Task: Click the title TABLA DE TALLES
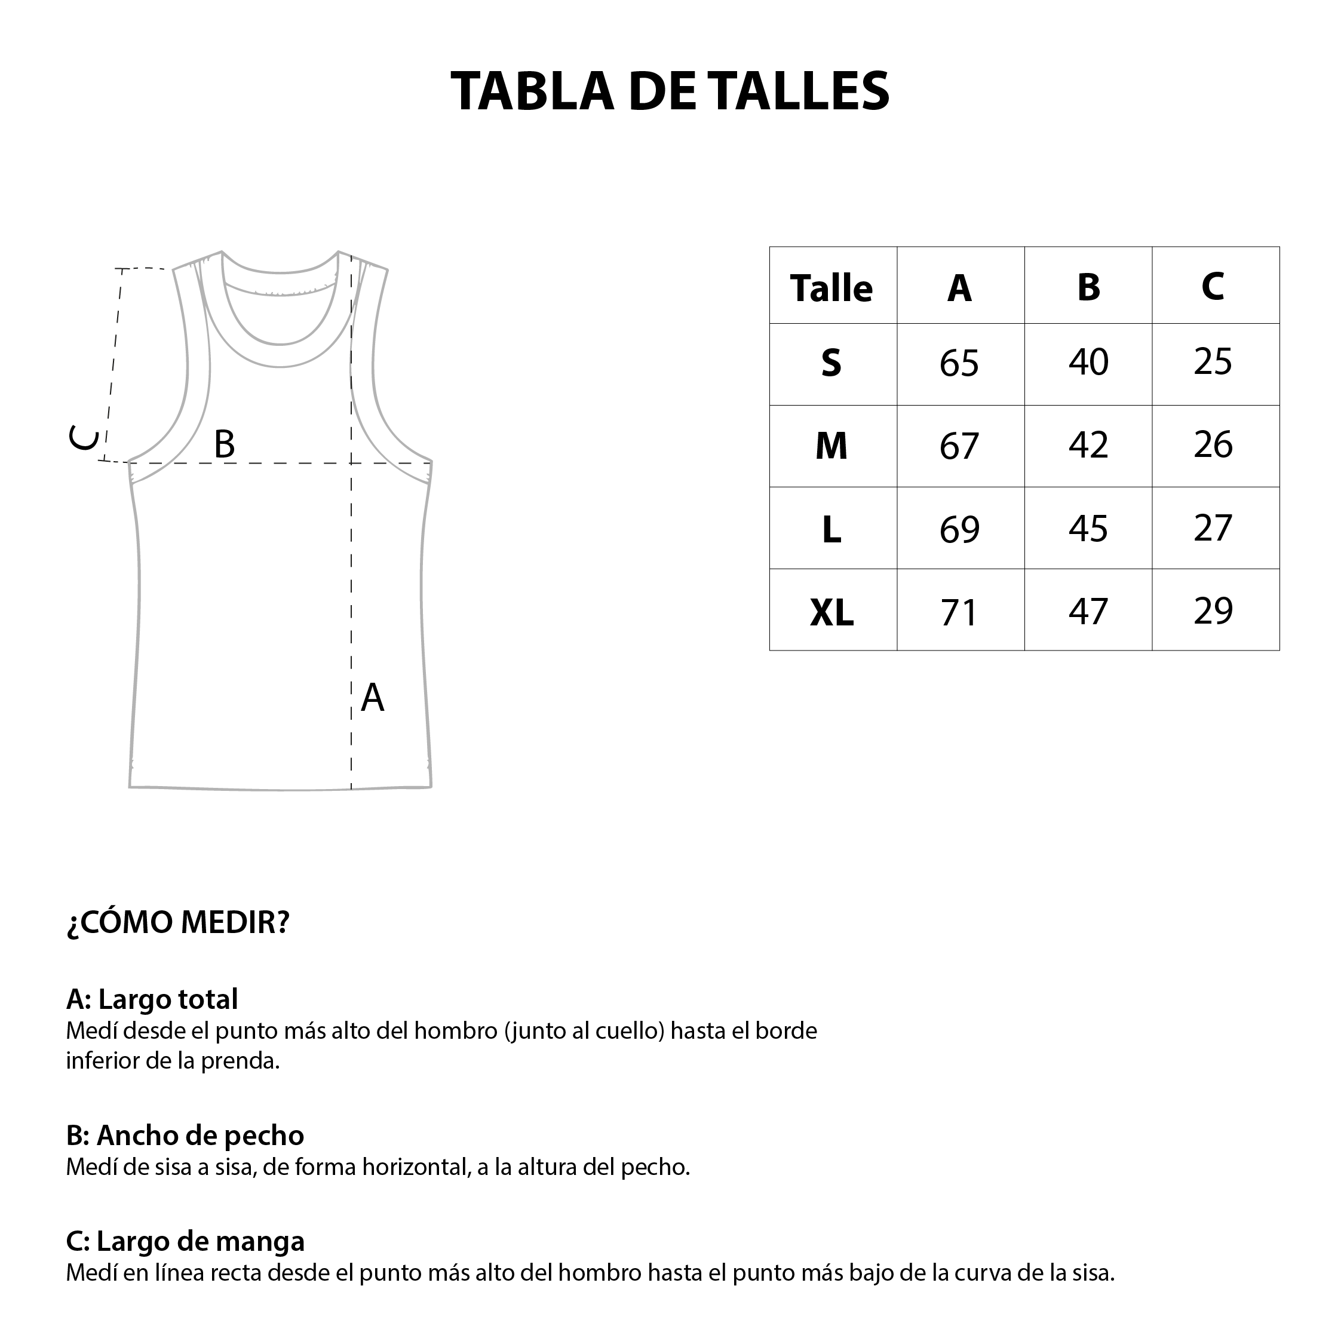click(x=670, y=91)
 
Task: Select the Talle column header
click(x=831, y=288)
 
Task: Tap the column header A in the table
click(x=959, y=288)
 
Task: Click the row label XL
click(x=831, y=613)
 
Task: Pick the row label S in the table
click(x=831, y=363)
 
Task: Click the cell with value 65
click(x=959, y=363)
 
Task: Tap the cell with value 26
click(x=1213, y=444)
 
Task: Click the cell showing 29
click(x=1213, y=611)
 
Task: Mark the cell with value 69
click(x=959, y=529)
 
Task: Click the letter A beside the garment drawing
click(x=372, y=698)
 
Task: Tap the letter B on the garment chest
click(x=224, y=444)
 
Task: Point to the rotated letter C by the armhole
click(x=84, y=438)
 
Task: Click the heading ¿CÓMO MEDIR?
click(x=177, y=922)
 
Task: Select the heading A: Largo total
click(x=152, y=1000)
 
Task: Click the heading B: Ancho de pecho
click(x=185, y=1136)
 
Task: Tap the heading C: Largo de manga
click(x=185, y=1241)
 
